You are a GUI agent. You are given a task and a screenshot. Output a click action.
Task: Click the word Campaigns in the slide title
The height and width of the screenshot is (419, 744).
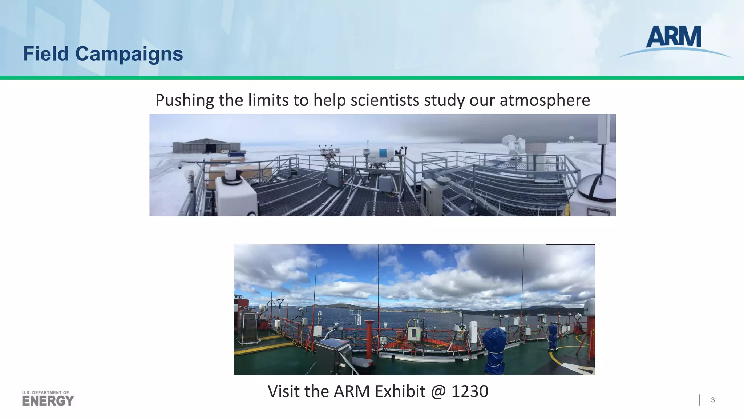tap(129, 54)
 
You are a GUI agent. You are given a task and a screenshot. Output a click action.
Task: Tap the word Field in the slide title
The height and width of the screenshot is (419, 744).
tap(46, 54)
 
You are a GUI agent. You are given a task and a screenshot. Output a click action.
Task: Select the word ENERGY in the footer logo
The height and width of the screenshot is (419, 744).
tap(48, 401)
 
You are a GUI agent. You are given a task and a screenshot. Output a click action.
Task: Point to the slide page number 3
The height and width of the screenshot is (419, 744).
tap(713, 400)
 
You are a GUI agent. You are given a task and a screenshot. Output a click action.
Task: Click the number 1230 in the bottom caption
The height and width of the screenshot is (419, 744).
tap(470, 391)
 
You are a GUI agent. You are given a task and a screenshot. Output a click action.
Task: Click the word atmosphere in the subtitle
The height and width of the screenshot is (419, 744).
tap(545, 100)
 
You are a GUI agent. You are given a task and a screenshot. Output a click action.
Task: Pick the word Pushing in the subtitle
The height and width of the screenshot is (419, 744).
tap(185, 100)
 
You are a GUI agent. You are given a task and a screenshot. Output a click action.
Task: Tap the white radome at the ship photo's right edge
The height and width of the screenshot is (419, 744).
tap(589, 307)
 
